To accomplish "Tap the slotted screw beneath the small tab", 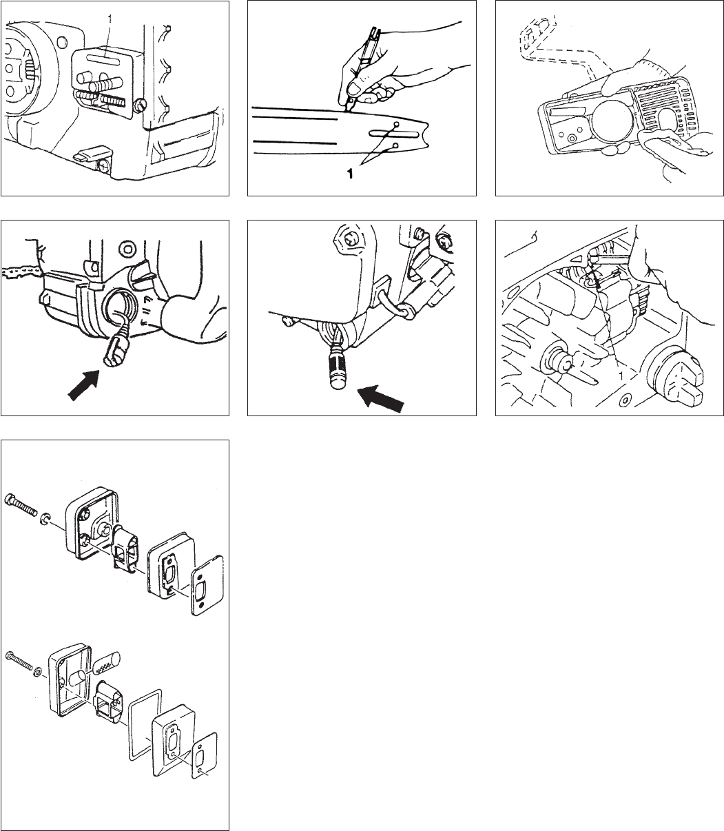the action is (103, 165).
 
